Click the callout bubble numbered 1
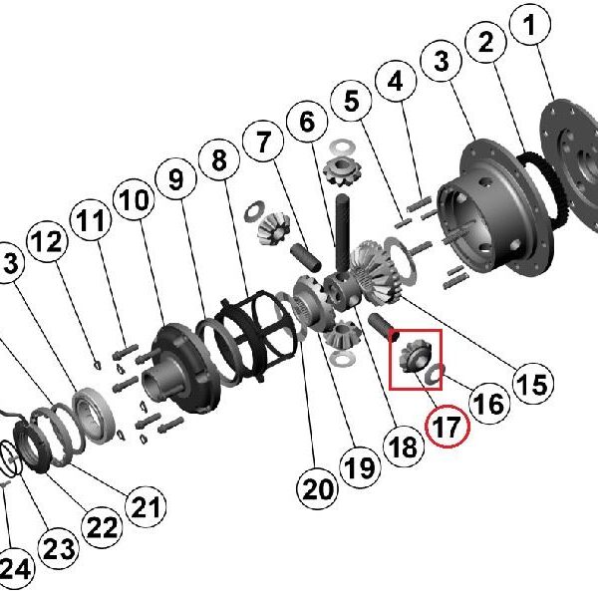point(530,25)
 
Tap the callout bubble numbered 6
point(307,122)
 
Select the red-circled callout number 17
point(448,427)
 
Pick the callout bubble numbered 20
point(318,489)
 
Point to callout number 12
point(47,241)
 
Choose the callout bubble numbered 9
point(175,179)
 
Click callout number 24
point(15,569)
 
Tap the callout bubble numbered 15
point(533,384)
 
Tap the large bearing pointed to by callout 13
point(94,416)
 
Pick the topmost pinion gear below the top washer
point(342,171)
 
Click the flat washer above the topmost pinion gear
point(342,147)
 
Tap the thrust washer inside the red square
point(436,372)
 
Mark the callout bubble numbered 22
point(101,528)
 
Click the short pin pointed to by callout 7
point(306,257)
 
